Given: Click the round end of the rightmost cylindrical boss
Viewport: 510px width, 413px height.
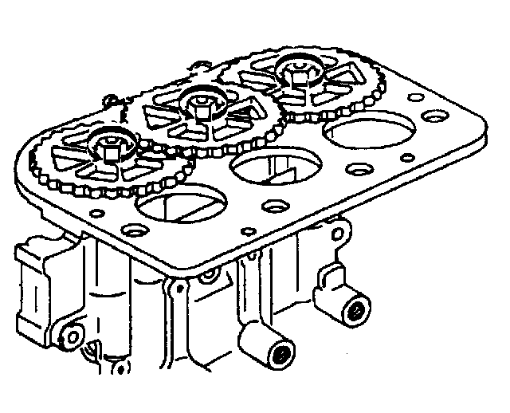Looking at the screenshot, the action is [354, 310].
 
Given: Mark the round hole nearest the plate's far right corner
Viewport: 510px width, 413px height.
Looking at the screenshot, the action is [433, 116].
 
